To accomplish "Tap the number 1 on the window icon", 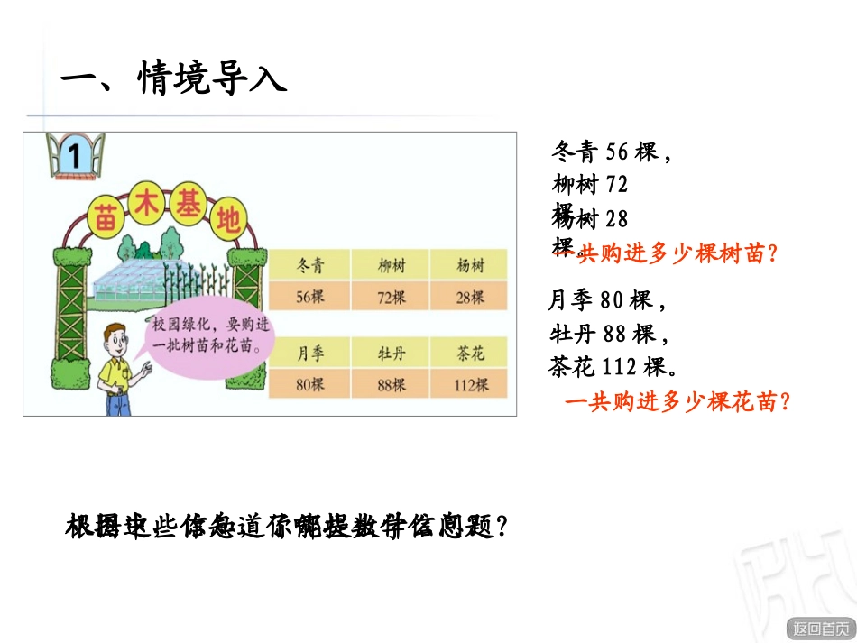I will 75,156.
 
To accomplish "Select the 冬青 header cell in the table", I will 309,266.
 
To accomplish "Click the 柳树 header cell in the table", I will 391,266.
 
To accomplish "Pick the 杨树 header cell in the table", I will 470,266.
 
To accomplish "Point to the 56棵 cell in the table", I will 309,296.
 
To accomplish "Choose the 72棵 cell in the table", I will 391,296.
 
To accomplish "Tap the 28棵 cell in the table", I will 470,296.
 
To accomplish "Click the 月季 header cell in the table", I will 309,354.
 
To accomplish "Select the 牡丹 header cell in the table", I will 391,354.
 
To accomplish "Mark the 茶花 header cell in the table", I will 470,354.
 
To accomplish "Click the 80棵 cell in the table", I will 309,385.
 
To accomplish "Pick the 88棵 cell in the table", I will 391,385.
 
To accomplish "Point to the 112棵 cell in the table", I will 470,385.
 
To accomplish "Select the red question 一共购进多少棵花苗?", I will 677,403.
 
